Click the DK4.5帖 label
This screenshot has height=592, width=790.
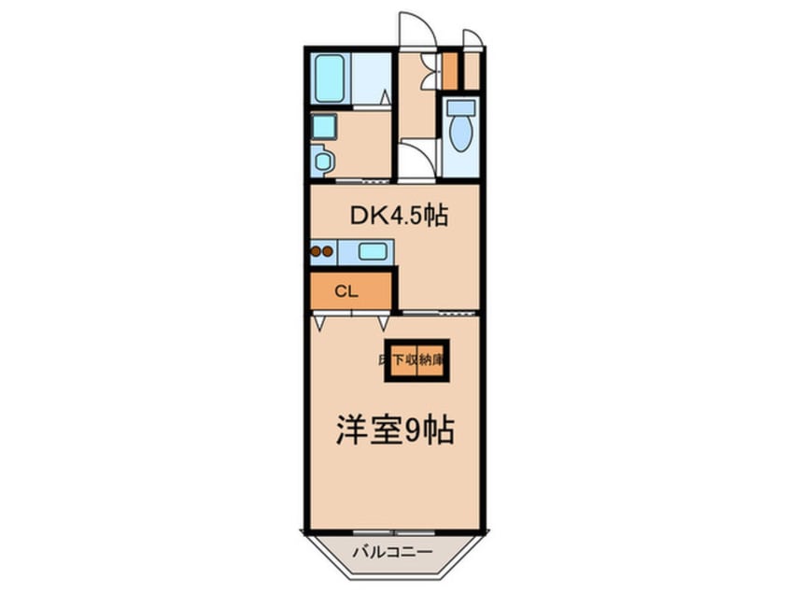coord(399,217)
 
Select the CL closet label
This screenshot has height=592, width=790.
coord(346,290)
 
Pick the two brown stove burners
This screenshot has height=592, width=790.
coord(323,250)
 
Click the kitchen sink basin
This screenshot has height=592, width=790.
coord(373,250)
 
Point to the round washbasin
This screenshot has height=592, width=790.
coord(323,162)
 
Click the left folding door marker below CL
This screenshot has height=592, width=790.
coord(320,322)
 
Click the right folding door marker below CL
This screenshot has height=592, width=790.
coord(383,322)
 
